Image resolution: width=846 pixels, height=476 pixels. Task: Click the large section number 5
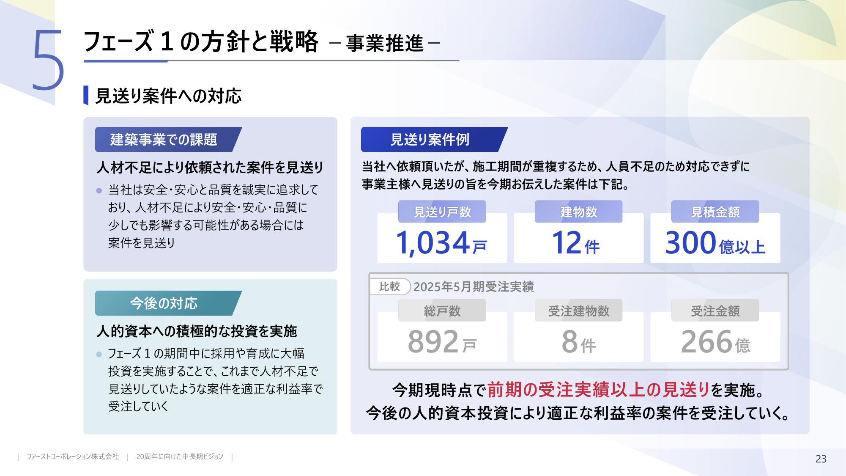click(48, 61)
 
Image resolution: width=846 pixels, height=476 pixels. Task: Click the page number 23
click(821, 459)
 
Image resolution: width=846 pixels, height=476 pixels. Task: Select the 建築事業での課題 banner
click(168, 139)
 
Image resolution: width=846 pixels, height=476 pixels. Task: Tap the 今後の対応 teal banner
click(168, 303)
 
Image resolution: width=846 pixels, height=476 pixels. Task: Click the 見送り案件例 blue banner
click(434, 139)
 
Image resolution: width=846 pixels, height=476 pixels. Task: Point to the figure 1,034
click(433, 243)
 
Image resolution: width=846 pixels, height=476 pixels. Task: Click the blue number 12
click(567, 243)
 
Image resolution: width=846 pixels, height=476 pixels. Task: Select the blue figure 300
click(690, 243)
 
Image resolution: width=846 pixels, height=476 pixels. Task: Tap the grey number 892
click(433, 342)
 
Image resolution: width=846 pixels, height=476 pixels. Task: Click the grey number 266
click(706, 342)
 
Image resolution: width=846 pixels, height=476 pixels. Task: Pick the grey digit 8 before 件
click(569, 342)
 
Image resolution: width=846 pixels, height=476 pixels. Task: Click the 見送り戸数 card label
click(442, 212)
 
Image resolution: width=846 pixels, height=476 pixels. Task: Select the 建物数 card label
click(578, 212)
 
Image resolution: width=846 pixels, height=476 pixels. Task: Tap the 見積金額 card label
click(715, 212)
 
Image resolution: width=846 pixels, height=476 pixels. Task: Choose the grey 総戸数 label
click(442, 311)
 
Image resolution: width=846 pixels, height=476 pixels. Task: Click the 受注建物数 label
click(578, 311)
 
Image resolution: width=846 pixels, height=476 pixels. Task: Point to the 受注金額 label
click(715, 311)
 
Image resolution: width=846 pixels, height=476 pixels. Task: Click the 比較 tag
click(389, 286)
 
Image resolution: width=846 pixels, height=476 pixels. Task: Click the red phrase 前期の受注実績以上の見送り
click(598, 390)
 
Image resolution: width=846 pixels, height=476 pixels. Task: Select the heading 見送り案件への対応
click(168, 96)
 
